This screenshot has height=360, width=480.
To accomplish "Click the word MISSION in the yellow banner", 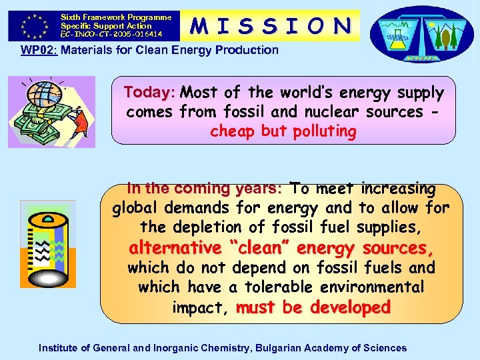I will [x=270, y=25].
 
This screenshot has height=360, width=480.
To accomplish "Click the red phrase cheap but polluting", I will [x=283, y=131].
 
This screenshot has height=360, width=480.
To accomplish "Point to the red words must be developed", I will [x=313, y=308].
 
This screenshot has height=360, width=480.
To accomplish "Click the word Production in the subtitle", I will [x=249, y=50].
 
